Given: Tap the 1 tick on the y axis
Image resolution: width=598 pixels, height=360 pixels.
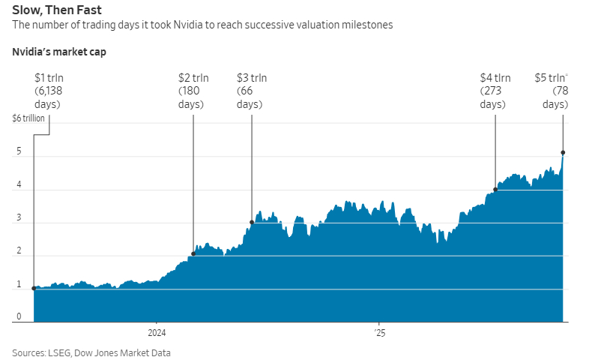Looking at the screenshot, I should pyautogui.click(x=19, y=285).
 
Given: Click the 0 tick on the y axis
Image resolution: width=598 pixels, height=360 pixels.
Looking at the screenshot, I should pyautogui.click(x=19, y=317).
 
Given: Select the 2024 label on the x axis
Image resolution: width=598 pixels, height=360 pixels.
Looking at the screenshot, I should pyautogui.click(x=157, y=332).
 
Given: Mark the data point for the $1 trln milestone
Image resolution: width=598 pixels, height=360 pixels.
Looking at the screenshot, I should pyautogui.click(x=34, y=288).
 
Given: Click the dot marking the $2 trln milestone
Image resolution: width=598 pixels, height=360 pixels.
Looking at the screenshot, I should pyautogui.click(x=193, y=253).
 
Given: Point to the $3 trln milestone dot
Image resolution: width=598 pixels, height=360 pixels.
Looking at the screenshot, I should pyautogui.click(x=251, y=222).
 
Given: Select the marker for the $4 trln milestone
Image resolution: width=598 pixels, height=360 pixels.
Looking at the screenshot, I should pyautogui.click(x=495, y=189).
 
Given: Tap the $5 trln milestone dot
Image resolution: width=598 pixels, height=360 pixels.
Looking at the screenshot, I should pyautogui.click(x=563, y=153).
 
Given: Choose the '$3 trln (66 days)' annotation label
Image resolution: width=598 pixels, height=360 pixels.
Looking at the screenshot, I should pyautogui.click(x=251, y=91).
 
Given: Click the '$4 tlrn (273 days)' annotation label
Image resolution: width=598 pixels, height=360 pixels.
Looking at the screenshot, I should pyautogui.click(x=495, y=91).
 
